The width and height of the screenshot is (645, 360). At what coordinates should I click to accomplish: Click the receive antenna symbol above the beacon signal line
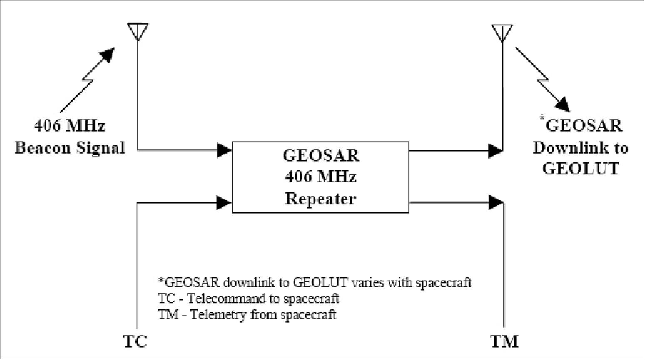pyautogui.click(x=138, y=31)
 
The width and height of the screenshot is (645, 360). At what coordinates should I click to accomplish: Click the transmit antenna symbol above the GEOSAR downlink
pyautogui.click(x=503, y=32)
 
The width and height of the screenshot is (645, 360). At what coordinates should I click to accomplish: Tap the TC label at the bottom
pyautogui.click(x=136, y=342)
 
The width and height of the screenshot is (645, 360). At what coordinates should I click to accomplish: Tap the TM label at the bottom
pyautogui.click(x=504, y=342)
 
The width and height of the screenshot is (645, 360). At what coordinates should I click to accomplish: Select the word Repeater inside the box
pyautogui.click(x=320, y=199)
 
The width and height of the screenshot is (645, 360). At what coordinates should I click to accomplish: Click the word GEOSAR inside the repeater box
pyautogui.click(x=321, y=155)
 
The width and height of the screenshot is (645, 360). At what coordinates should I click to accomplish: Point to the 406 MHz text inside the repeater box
pyautogui.click(x=321, y=177)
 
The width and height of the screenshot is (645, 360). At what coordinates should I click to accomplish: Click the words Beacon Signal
pyautogui.click(x=70, y=148)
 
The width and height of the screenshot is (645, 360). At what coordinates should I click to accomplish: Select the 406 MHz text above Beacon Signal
pyautogui.click(x=70, y=126)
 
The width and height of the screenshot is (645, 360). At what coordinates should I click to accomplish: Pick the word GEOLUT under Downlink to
pyautogui.click(x=581, y=169)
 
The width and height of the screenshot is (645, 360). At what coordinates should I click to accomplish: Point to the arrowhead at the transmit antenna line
pyautogui.click(x=496, y=150)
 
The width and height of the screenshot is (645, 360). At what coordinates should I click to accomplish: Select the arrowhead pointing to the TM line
pyautogui.click(x=496, y=203)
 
